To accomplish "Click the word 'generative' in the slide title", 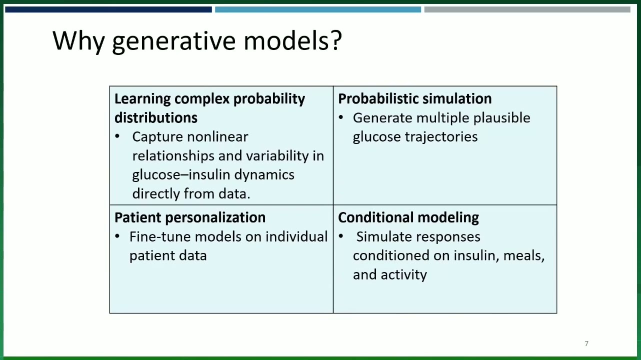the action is point(174,42).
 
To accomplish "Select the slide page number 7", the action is point(586,343).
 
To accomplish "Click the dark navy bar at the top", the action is point(108,9).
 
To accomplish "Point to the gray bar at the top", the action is point(527,9).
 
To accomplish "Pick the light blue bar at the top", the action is point(318,9).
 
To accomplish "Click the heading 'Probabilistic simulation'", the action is point(414,98).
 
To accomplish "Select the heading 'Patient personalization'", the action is point(190,217).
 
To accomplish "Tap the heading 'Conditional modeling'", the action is point(408,217).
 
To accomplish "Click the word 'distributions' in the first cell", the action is point(156,117).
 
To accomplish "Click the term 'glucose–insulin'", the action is point(181,175).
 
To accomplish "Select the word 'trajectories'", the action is point(441,137).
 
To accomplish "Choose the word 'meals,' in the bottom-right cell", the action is point(523,256).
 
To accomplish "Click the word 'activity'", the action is point(404,275).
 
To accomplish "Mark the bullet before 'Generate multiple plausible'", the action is point(341,117).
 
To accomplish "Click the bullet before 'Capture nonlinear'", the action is point(117,136).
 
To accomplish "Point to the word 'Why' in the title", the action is point(78,41).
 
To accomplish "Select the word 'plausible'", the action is point(501,118).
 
